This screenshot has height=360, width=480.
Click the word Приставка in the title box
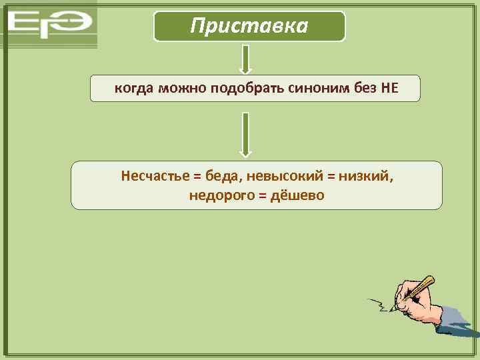(249, 26)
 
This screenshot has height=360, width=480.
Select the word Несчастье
(153, 177)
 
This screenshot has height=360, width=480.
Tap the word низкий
(365, 177)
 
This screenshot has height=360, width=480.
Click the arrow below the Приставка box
(245, 59)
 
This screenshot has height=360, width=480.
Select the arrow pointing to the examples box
(245, 134)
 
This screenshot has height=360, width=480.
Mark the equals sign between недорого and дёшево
(261, 196)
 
